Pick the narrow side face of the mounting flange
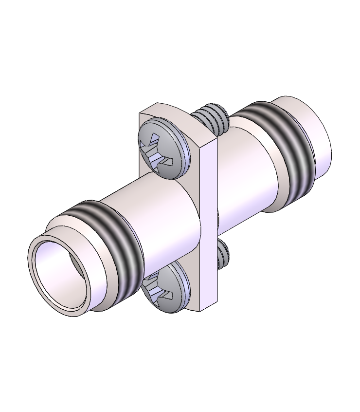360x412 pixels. pyautogui.click(x=208, y=224)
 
